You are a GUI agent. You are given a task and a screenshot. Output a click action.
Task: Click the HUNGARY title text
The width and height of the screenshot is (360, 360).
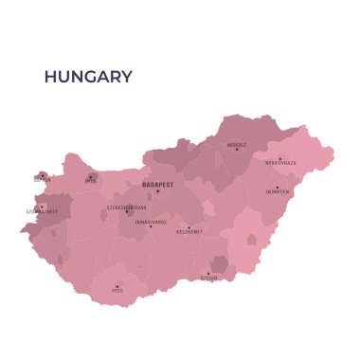pos(89,77)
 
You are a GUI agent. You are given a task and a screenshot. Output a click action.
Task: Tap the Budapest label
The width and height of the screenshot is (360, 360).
pos(157,184)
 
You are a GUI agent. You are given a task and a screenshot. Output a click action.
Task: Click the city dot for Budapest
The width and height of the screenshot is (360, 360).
pos(158,191)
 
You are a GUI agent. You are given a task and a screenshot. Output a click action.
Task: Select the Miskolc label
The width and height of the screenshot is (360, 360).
pos(237,146)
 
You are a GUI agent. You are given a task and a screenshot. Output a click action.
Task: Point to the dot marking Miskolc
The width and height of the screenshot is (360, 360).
pos(237,151)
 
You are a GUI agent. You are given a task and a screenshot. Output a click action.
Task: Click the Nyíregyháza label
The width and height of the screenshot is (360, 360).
pos(279,163)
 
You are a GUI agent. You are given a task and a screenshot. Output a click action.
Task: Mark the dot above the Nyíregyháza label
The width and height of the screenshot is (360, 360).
pos(279,157)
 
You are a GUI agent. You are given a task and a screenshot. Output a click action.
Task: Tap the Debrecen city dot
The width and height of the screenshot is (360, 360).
pos(278,186)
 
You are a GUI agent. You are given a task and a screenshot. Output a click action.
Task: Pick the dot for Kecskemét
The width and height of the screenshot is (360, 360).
pos(189,227)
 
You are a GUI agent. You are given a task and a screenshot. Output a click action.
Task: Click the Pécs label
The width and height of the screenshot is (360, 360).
pos(117,291)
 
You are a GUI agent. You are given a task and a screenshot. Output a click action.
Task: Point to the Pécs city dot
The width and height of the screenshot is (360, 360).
pos(117,286)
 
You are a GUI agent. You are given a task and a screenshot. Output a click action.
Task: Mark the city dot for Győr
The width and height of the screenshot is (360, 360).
pos(91,175)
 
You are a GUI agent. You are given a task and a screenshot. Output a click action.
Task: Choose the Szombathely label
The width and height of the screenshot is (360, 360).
pos(42,212)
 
